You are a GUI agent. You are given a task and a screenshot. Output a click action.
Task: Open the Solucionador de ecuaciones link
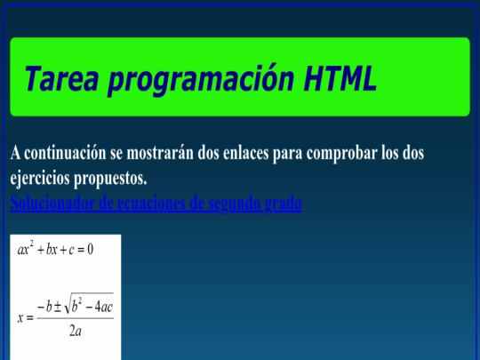tap(54, 204)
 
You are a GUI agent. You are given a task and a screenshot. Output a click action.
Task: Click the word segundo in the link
tap(231, 204)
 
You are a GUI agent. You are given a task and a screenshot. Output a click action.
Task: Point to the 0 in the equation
tap(90, 249)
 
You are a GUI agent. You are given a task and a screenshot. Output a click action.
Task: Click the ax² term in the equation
tap(25, 248)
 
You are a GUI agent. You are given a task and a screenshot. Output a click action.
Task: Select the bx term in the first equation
tap(51, 249)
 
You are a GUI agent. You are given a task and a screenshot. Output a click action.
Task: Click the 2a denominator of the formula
tap(75, 332)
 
